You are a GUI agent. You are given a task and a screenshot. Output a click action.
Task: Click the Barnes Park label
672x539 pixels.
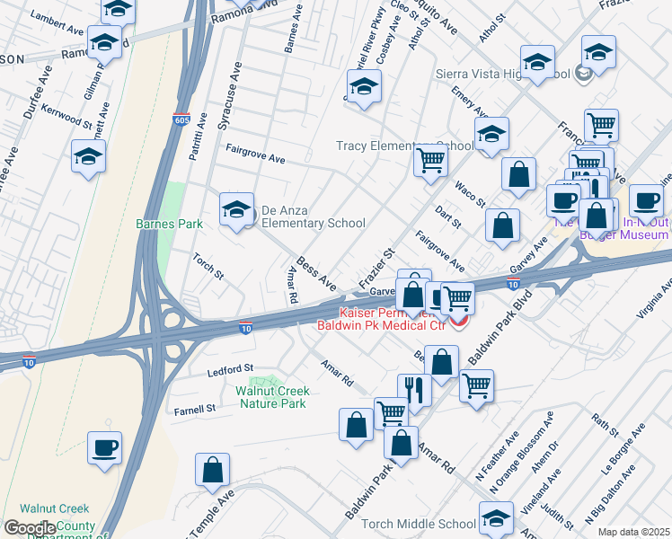pyautogui.click(x=169, y=224)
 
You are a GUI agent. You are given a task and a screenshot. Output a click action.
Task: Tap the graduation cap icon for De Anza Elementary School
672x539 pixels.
pyautogui.click(x=236, y=211)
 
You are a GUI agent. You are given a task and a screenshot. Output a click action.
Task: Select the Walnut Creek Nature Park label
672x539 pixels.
pyautogui.click(x=273, y=397)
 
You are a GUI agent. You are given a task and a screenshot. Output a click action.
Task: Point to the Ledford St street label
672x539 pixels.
pyautogui.click(x=231, y=369)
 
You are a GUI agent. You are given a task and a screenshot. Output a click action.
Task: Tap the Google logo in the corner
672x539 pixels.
pyautogui.click(x=30, y=528)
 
